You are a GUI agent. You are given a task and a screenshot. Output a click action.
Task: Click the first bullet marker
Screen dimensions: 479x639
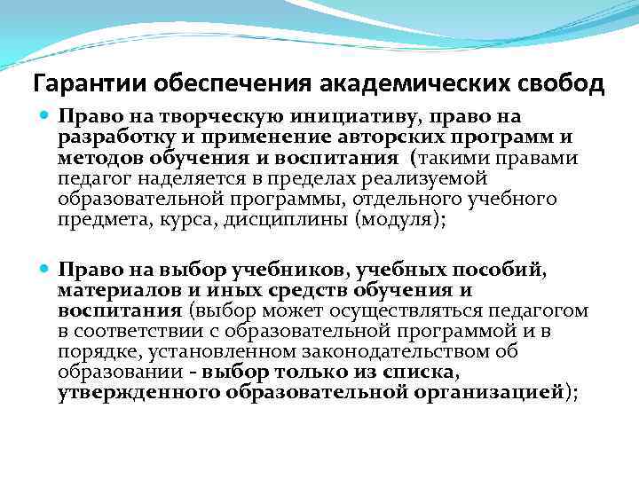point(45,117)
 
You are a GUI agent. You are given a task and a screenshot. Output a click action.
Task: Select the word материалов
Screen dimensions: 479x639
point(111,290)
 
